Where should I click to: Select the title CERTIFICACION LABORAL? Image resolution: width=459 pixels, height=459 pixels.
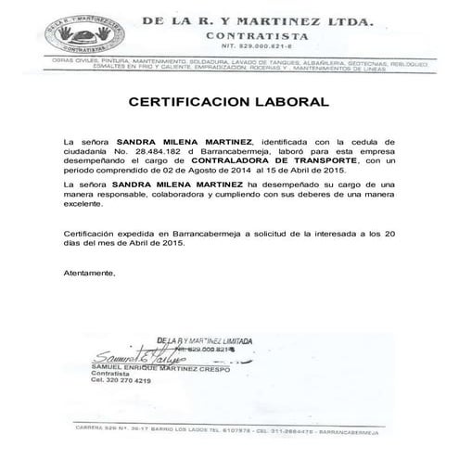click(x=228, y=100)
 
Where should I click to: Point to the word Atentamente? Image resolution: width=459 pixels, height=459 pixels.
click(x=91, y=275)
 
